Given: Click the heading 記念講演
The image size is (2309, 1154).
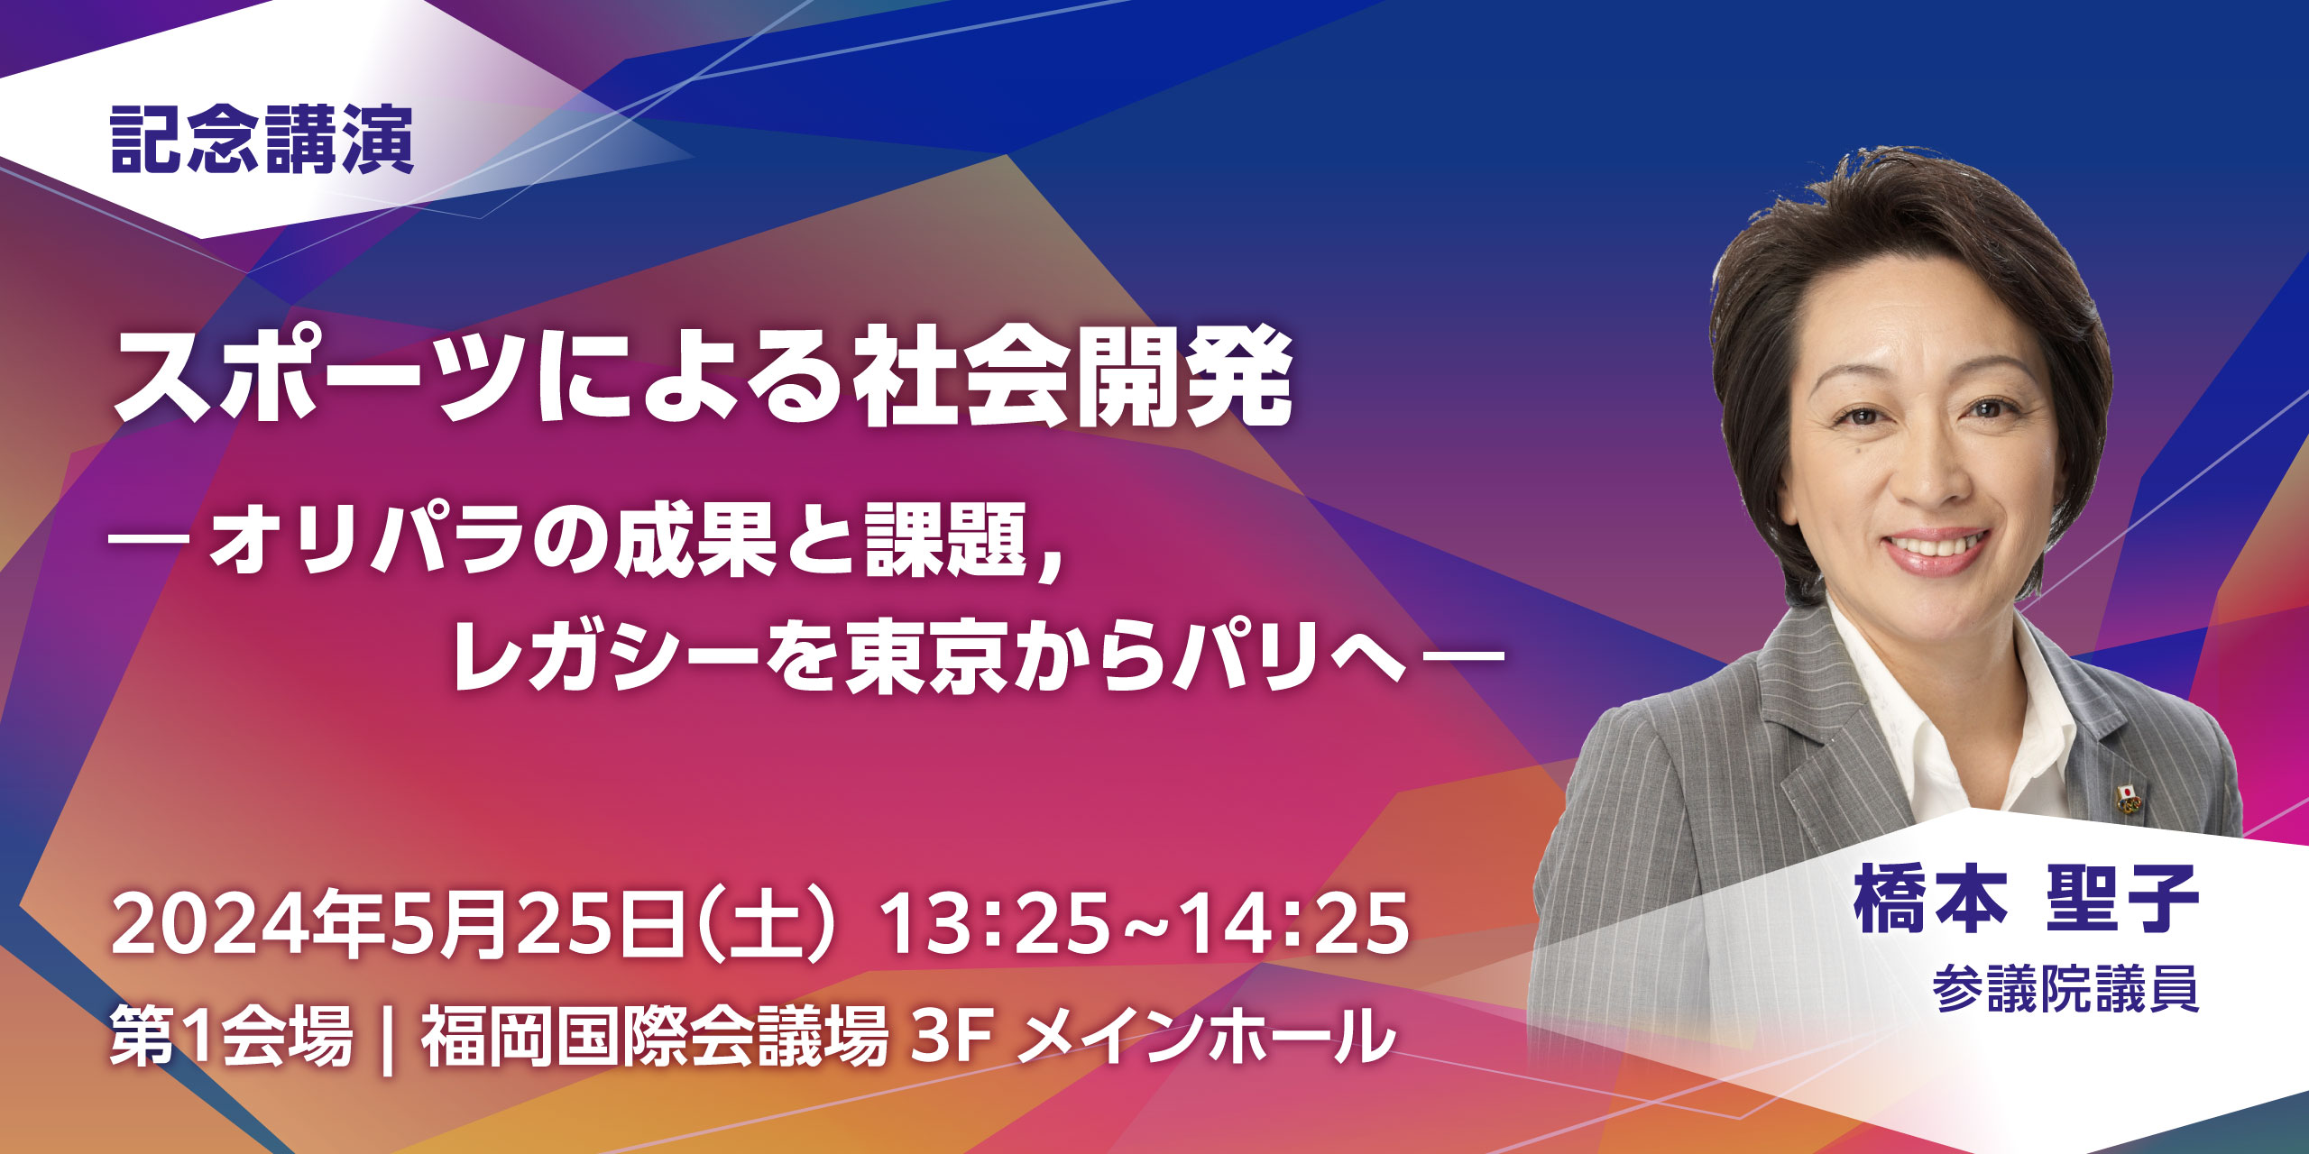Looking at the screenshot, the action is pos(262,140).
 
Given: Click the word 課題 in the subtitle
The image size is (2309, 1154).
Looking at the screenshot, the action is pos(946,541).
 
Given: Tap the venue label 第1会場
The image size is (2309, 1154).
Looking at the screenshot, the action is pos(231,1038).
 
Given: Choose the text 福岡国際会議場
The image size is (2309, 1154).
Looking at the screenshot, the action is pos(655,1038).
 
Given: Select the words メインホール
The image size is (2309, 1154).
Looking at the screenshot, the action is pos(1206,1038).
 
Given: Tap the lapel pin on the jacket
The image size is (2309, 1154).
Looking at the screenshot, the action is pos(2128,799).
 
